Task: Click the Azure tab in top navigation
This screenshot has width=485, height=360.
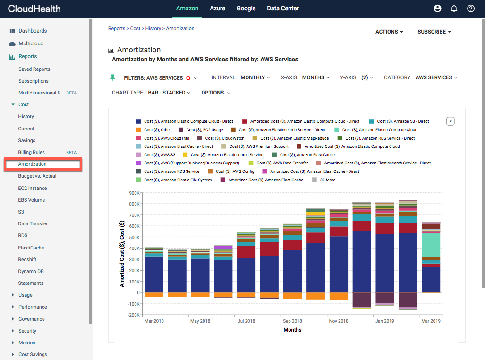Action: pos(217,8)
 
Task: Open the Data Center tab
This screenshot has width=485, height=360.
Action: pos(282,8)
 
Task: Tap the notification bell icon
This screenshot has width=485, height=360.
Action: pos(454,9)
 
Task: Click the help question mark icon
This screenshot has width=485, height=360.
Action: pos(470,9)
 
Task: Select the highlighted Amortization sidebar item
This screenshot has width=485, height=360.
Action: pos(43,164)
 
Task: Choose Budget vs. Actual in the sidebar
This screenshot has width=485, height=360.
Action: pos(37,176)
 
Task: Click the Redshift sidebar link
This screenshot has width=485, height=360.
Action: pos(27,259)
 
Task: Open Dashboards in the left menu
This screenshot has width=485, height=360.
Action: pos(33,31)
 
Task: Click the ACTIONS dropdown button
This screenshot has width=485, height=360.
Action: pos(389,32)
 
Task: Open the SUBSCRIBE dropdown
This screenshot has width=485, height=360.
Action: pos(434,32)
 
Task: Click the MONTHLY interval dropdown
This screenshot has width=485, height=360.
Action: pos(255,77)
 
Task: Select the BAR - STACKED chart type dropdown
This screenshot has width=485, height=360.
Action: pos(169,93)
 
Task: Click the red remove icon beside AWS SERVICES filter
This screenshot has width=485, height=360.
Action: pos(188,78)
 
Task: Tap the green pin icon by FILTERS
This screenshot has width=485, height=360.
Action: pos(112,77)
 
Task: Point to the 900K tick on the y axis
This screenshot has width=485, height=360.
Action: pos(134,193)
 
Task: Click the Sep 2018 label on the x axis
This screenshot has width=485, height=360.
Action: pos(292,321)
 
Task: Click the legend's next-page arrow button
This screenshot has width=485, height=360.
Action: pos(451,121)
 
